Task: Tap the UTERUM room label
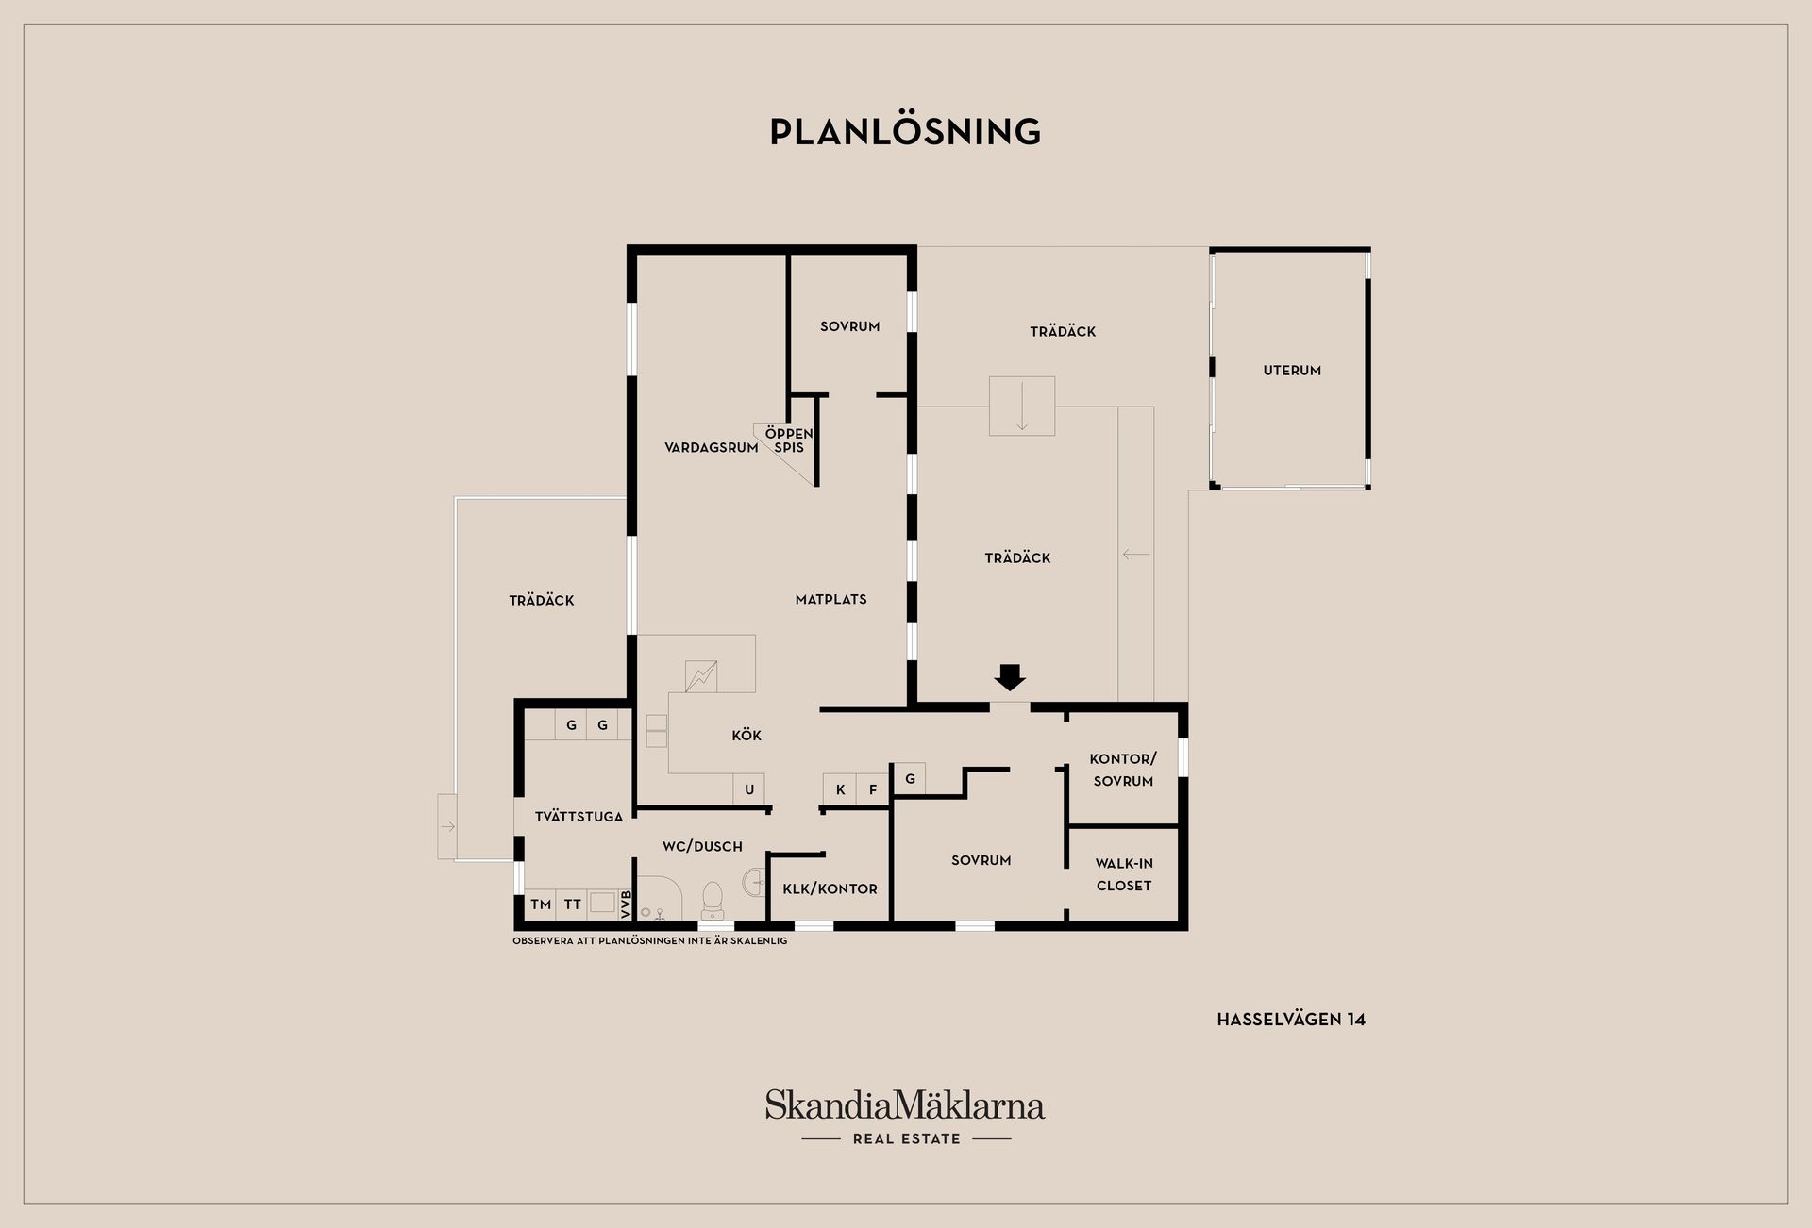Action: click(1292, 371)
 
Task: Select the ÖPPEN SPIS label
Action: click(789, 440)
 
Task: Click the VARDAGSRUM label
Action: click(712, 448)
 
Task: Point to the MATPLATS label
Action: click(830, 599)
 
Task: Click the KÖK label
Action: click(747, 736)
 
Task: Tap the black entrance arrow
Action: click(1010, 677)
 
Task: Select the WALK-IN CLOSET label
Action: click(1124, 874)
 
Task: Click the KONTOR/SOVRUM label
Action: click(1123, 770)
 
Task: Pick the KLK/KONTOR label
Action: click(830, 888)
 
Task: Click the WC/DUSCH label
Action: click(702, 847)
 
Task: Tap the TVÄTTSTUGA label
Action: click(579, 817)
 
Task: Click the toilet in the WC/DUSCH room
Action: click(713, 900)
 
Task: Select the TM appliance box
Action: click(541, 904)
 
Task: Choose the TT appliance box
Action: click(572, 904)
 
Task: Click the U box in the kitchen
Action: click(749, 789)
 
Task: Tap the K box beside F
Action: click(840, 789)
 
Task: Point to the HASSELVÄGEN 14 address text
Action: click(1291, 1020)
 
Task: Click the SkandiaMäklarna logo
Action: click(905, 1117)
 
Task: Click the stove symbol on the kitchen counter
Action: click(701, 676)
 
